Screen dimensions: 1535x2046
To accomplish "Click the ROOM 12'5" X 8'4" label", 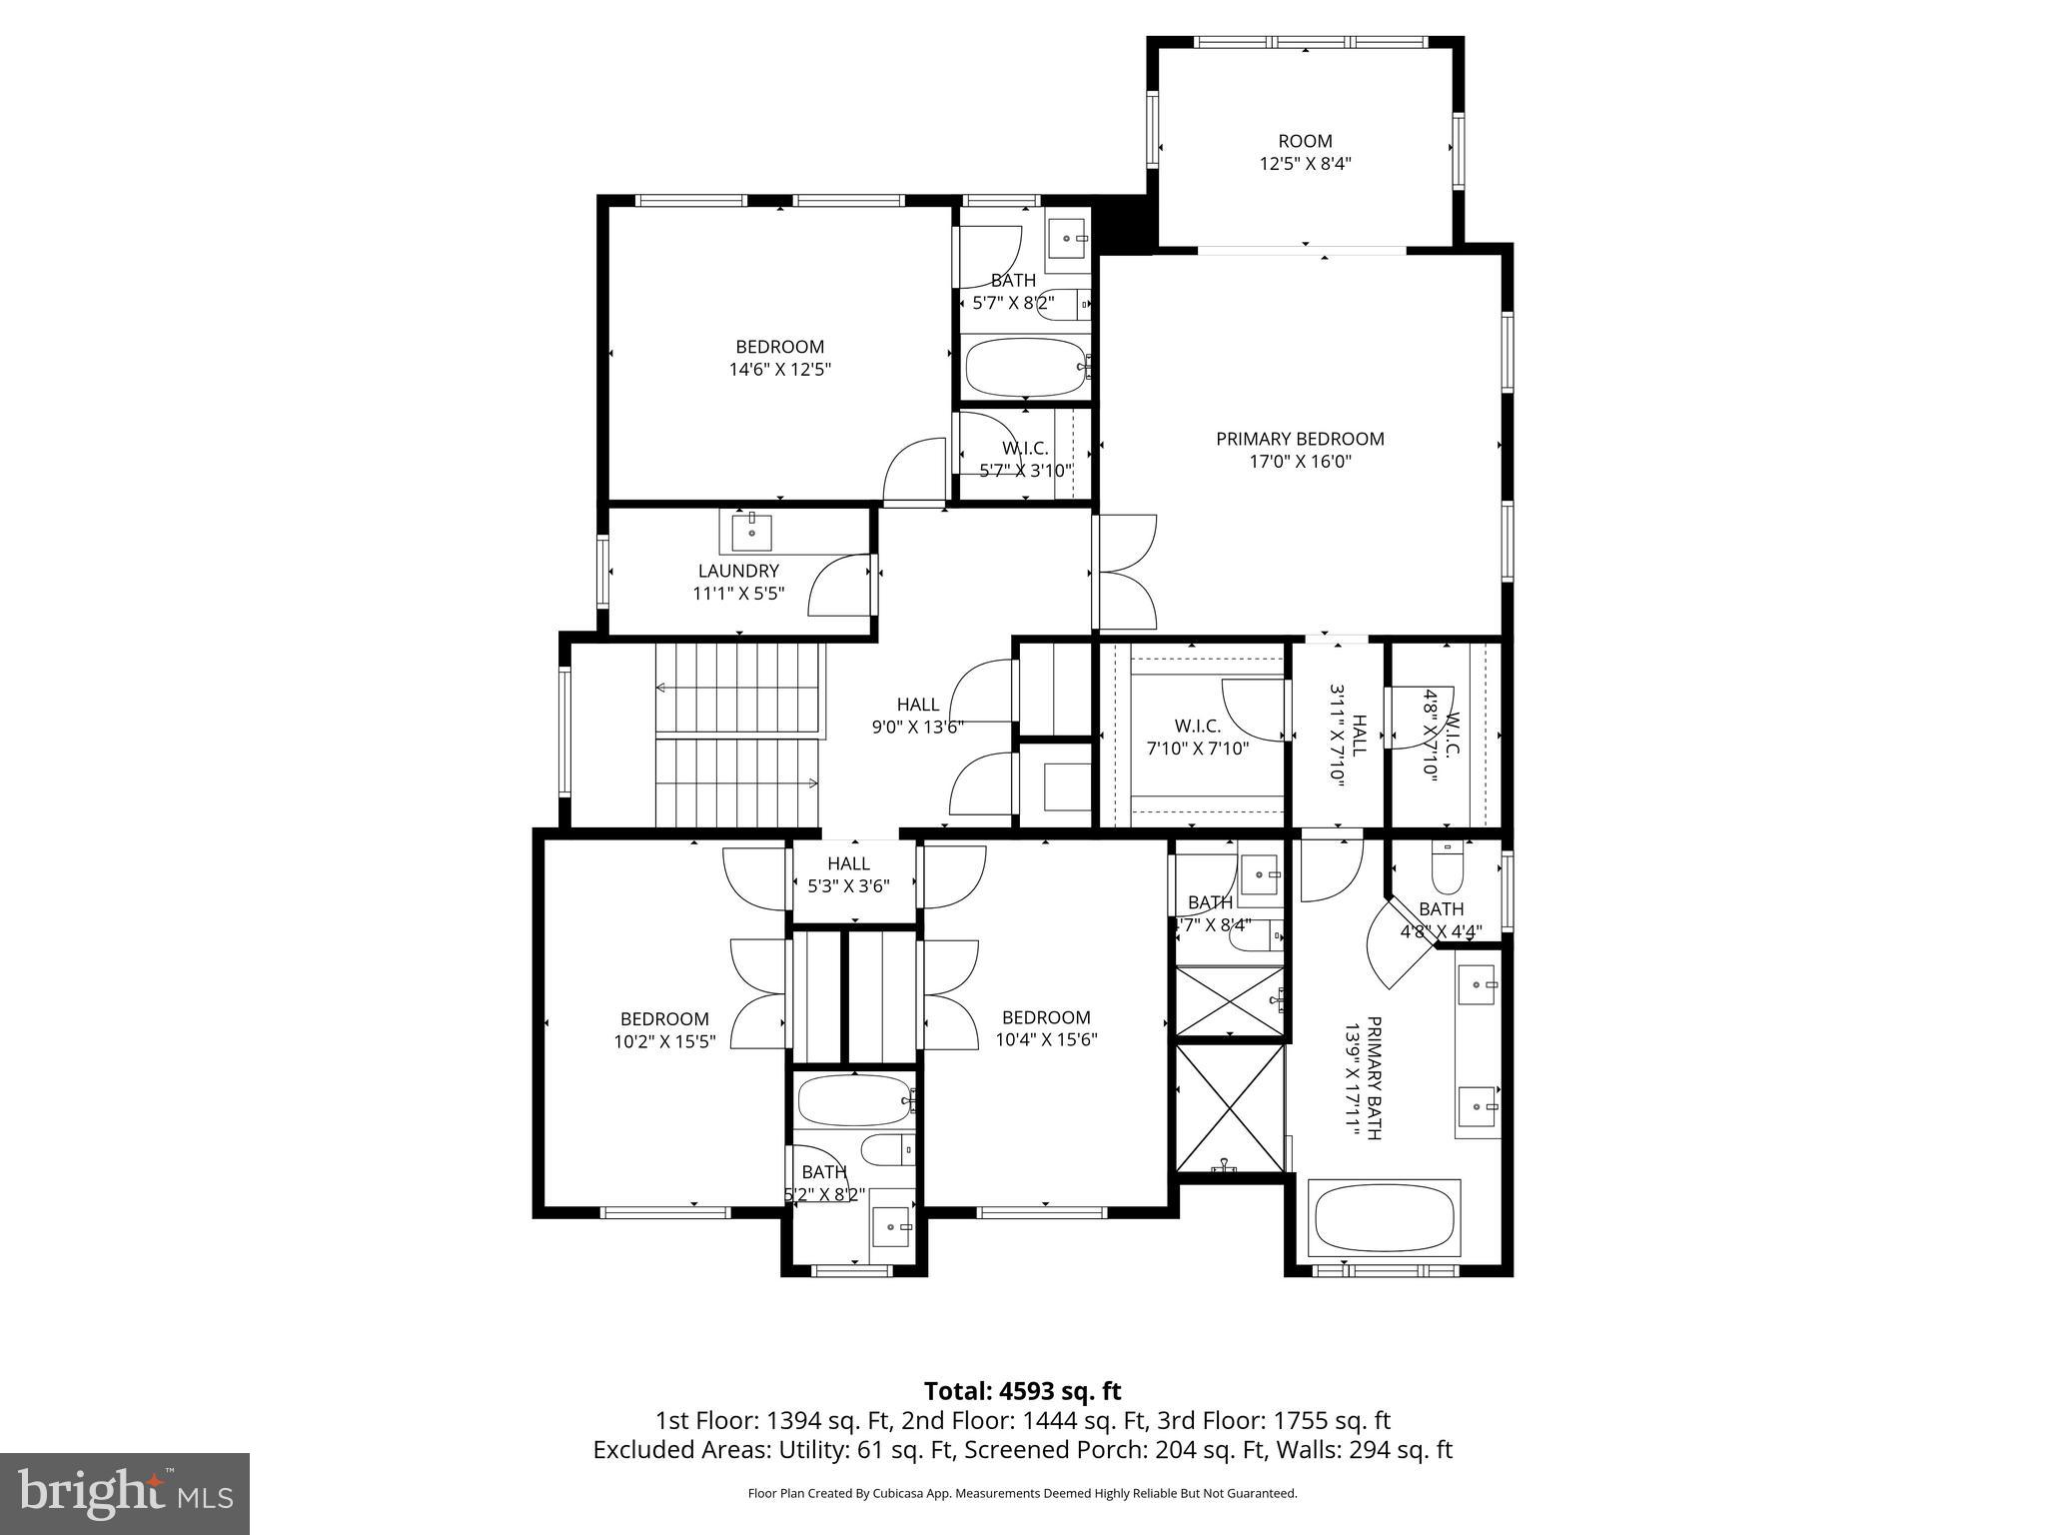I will (1305, 152).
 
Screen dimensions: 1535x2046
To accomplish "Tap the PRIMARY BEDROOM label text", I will (1299, 439).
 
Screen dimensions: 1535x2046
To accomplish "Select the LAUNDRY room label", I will (738, 571).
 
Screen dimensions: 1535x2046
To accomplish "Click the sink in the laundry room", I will (751, 532).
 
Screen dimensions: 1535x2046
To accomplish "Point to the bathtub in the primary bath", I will (1384, 1218).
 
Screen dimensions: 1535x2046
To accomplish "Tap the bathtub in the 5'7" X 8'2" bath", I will (1025, 366).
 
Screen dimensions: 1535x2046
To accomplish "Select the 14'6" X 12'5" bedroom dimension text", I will (779, 369).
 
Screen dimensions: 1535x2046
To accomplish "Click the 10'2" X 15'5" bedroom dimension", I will (664, 1040).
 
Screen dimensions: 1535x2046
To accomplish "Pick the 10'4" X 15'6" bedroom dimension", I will (1046, 1039).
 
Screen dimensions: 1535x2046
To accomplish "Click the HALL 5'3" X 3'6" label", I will (848, 873).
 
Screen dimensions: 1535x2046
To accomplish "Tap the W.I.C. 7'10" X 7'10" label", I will (1197, 737).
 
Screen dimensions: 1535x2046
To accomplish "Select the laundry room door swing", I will (837, 587).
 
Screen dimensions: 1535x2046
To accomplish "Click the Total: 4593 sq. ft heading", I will (1022, 1391).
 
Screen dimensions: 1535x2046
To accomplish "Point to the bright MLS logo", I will (125, 1493).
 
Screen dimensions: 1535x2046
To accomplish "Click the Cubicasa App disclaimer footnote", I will (1022, 1493).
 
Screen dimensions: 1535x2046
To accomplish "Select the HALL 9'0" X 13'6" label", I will (916, 716).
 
